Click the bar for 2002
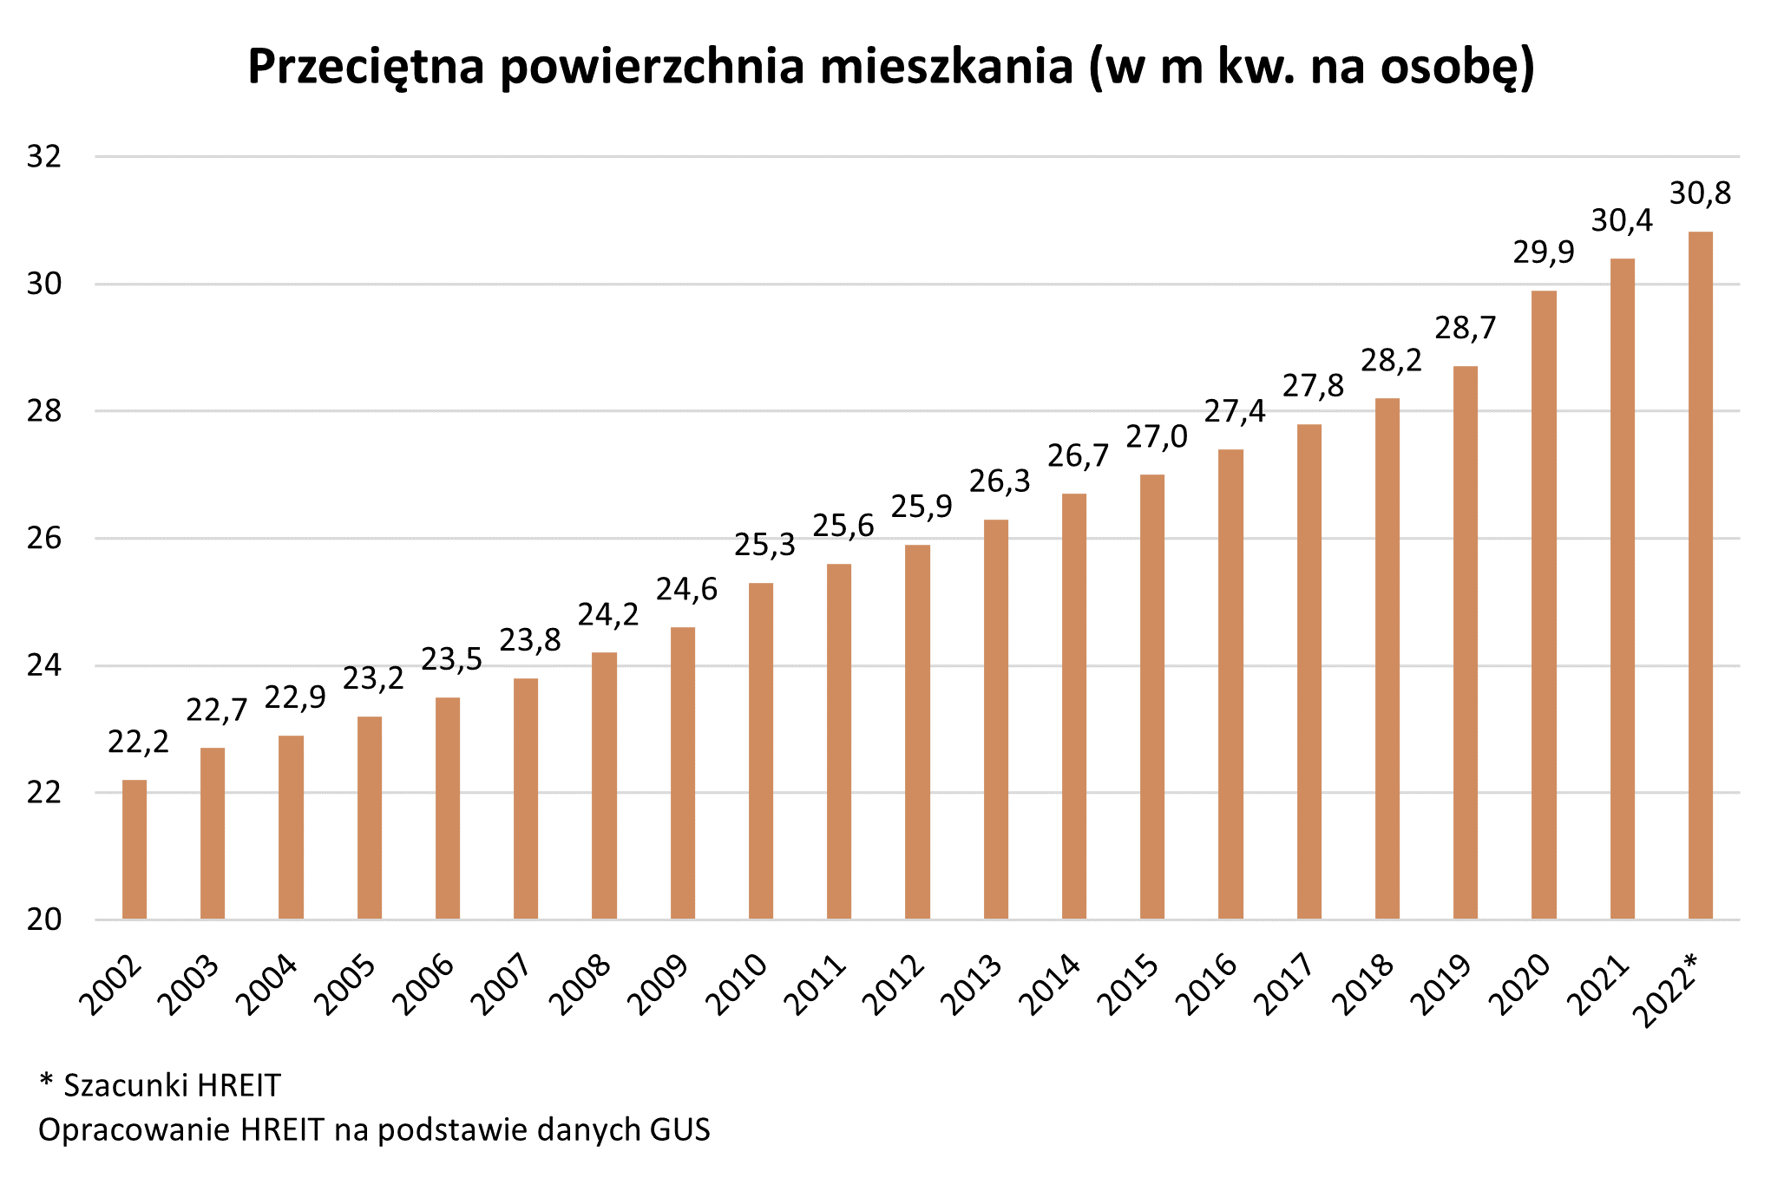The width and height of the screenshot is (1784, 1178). click(x=134, y=849)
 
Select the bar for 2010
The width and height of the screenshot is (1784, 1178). click(x=761, y=750)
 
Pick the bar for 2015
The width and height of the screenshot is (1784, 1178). click(x=1152, y=697)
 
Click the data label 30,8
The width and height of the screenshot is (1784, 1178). click(x=1700, y=194)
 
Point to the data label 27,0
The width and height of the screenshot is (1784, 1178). click(x=1157, y=437)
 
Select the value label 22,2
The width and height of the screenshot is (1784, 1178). click(x=139, y=743)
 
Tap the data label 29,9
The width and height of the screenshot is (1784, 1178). click(x=1544, y=253)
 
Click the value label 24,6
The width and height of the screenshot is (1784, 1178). click(x=686, y=590)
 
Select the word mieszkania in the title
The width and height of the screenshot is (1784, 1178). click(x=947, y=68)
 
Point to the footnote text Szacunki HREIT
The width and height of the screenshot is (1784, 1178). click(x=172, y=1085)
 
